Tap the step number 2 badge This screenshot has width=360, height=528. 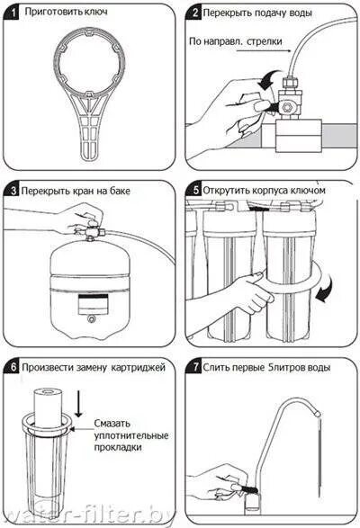tap(193, 13)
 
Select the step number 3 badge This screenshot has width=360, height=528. tap(13, 191)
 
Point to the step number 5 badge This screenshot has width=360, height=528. tap(194, 190)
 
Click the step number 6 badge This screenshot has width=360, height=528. tap(13, 367)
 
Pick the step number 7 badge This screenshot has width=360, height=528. tap(194, 367)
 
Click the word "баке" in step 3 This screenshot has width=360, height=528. tap(120, 191)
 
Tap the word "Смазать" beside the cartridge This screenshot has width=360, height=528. tap(112, 424)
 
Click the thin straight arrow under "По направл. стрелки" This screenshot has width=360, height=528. tap(264, 51)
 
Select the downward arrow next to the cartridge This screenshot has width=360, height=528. tap(78, 402)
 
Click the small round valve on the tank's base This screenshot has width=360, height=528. tap(90, 318)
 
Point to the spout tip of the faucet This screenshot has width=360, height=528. tap(318, 413)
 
